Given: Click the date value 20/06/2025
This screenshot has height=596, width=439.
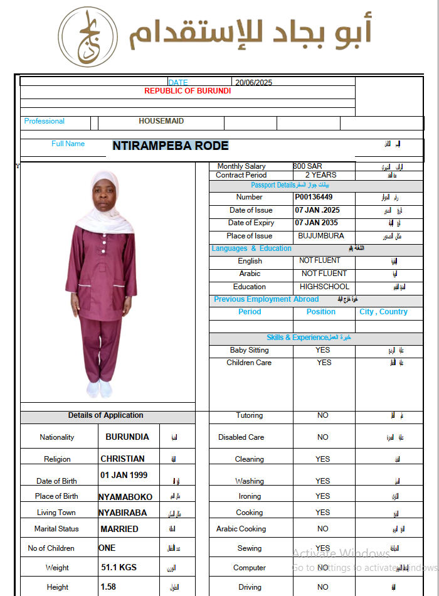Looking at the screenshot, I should click(x=253, y=82).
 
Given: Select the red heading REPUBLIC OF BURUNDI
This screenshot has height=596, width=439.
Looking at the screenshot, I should click(x=188, y=91).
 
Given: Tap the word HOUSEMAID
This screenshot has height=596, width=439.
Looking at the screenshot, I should click(x=161, y=121).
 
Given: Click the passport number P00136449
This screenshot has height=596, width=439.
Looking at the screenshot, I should click(x=314, y=197).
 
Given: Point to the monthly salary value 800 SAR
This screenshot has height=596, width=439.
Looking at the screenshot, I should click(x=307, y=166).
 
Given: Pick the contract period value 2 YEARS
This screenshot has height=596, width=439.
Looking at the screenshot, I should click(x=320, y=175).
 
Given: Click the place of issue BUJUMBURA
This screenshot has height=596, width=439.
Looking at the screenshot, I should click(x=320, y=236).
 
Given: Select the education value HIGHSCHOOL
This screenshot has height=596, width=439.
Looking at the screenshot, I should click(x=324, y=287).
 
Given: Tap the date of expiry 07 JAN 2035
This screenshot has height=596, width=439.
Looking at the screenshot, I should click(x=316, y=223).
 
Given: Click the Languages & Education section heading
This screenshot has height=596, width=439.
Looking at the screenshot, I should click(x=251, y=248).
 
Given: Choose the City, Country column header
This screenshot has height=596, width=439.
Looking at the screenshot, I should click(x=383, y=312).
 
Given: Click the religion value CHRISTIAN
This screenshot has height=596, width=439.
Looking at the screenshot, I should click(x=122, y=459).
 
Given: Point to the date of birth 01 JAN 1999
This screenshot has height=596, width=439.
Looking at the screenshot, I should click(x=124, y=475).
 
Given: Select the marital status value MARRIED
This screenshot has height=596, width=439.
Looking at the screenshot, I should click(x=119, y=529).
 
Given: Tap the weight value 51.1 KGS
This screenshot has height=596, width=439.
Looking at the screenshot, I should click(x=119, y=567).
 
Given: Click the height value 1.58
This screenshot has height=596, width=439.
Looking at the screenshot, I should click(x=108, y=587).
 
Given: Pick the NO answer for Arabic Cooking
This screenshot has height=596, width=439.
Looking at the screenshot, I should click(x=322, y=529).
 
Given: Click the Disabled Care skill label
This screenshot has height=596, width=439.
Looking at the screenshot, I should click(x=241, y=437).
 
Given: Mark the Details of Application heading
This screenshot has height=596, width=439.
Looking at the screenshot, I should click(x=105, y=415).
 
